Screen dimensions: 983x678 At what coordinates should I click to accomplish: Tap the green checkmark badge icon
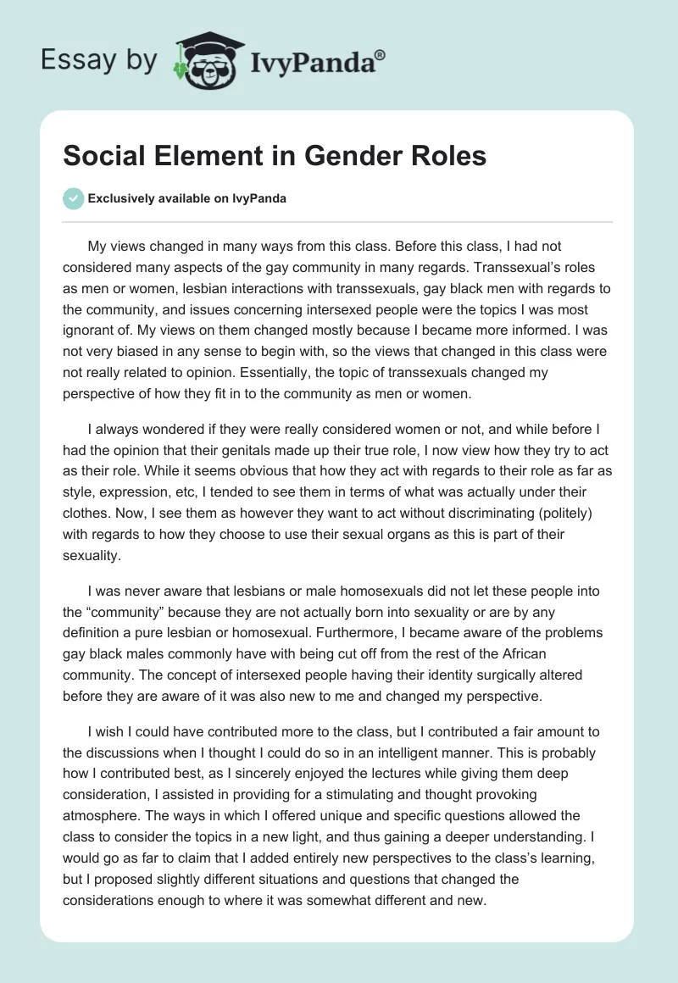(x=73, y=198)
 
